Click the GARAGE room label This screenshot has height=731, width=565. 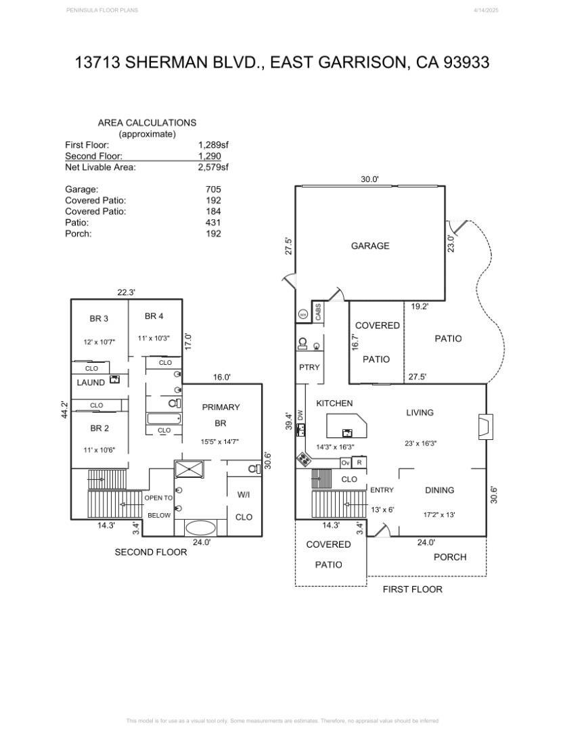coord(370,246)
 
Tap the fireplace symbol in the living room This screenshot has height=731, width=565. coord(482,426)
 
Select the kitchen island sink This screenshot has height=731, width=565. coord(347,432)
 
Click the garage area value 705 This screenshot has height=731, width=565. coord(213,190)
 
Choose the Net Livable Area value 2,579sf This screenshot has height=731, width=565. coord(213,167)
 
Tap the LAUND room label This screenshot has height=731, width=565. coord(91,382)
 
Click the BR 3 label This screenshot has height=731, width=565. coord(99,319)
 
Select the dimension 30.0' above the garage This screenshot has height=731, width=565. coord(369,179)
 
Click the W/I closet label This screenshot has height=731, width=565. coord(244,495)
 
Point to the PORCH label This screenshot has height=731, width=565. coord(450,557)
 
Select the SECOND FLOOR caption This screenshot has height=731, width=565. coord(150,552)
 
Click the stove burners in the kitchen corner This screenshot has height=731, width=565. coord(304,460)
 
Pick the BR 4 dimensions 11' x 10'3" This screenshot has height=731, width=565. coord(155,338)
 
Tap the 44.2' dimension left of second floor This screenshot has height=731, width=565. coord(65,411)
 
